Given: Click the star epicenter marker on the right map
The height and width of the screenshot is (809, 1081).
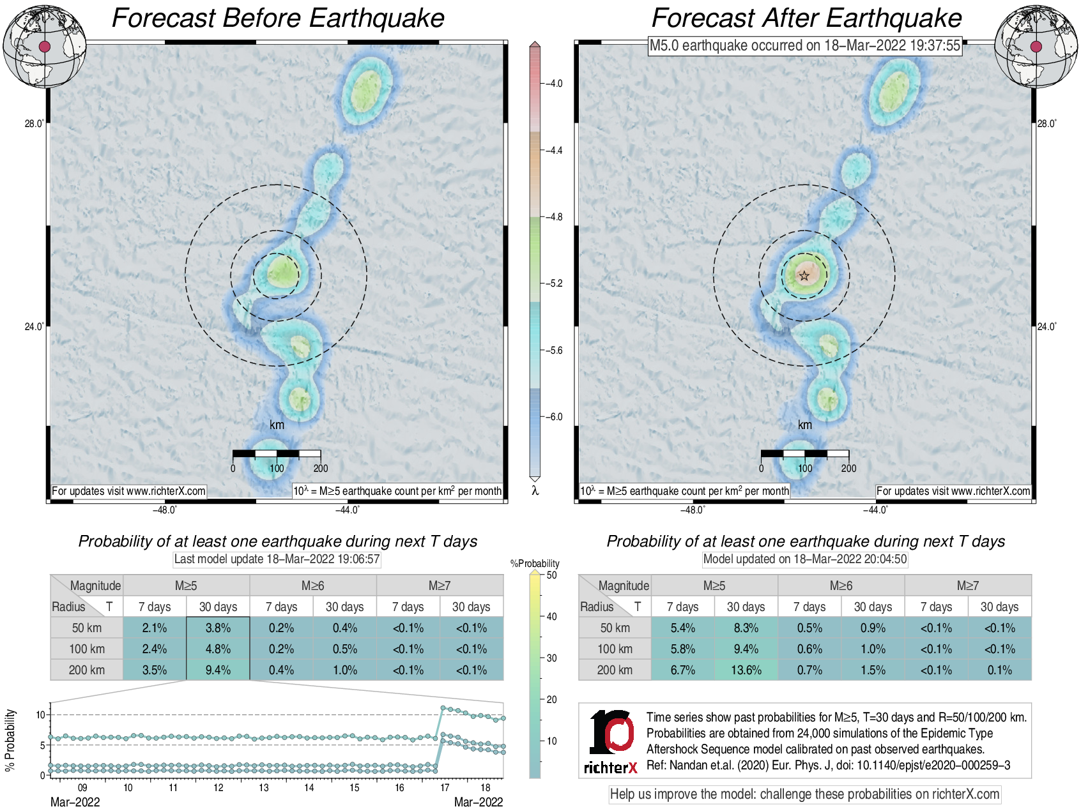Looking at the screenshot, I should [x=804, y=276].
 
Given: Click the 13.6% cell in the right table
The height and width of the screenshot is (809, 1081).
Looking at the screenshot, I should [x=746, y=670].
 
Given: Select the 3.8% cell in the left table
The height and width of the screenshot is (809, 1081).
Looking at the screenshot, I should [x=218, y=628].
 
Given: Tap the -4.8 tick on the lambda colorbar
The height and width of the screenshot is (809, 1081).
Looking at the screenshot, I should [x=553, y=217].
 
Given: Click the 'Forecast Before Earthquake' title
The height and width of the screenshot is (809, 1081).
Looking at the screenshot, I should [x=278, y=18].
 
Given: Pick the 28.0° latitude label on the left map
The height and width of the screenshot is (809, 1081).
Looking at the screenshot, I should [x=34, y=123].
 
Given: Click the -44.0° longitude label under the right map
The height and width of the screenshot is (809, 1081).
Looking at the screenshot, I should [x=875, y=510].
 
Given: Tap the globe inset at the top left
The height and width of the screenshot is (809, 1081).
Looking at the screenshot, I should [x=44, y=47].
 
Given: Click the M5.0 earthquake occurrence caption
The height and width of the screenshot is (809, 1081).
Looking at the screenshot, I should [x=805, y=45].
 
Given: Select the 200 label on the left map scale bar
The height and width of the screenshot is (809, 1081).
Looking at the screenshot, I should [x=321, y=468].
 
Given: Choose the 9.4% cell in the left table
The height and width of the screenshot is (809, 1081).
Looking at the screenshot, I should [x=218, y=670].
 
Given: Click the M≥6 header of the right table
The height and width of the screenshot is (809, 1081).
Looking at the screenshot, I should [x=841, y=586].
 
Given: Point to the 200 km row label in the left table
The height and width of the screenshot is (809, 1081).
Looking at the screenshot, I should [x=87, y=670].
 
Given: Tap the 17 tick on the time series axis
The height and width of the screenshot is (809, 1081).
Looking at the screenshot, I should [x=445, y=787].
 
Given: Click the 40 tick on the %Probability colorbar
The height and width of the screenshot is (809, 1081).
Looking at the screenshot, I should [x=552, y=616].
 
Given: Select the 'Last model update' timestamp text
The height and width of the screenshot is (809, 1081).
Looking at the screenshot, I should [x=277, y=559].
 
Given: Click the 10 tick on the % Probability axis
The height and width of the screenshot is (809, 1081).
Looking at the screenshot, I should [x=41, y=714].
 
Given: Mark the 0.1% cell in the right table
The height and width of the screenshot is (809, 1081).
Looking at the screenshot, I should [x=999, y=670].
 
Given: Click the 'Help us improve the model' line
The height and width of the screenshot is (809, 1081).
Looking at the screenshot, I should [x=804, y=794].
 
